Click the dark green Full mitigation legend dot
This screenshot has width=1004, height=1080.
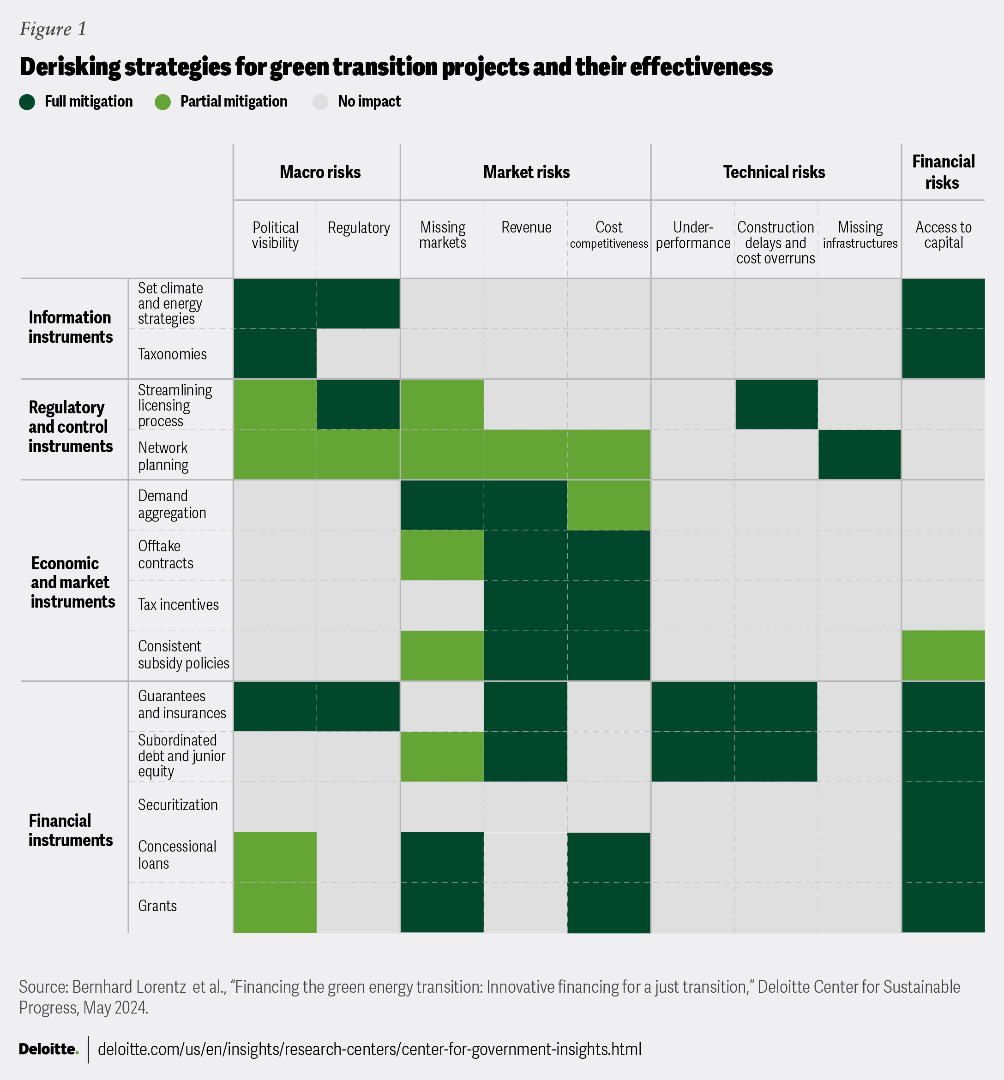click(x=27, y=102)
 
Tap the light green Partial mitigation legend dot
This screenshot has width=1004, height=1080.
click(x=163, y=102)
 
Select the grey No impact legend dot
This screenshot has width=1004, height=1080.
click(x=320, y=102)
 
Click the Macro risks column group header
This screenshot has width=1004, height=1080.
click(x=320, y=172)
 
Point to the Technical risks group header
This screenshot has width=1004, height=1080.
click(x=774, y=172)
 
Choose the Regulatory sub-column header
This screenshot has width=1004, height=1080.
click(x=359, y=227)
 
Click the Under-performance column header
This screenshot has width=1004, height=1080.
click(x=693, y=235)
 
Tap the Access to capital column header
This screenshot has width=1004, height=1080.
click(x=943, y=235)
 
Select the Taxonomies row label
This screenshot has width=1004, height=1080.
click(x=172, y=354)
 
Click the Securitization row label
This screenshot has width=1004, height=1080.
click(x=178, y=805)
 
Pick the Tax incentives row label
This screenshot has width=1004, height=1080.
click(x=178, y=604)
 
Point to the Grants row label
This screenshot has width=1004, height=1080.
click(x=157, y=906)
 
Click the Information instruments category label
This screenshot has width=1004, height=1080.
click(x=71, y=327)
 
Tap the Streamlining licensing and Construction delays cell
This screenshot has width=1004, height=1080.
click(x=776, y=405)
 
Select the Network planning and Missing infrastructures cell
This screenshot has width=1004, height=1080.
click(x=860, y=454)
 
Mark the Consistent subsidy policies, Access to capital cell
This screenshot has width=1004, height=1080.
click(x=943, y=656)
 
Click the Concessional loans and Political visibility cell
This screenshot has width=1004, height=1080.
click(x=275, y=857)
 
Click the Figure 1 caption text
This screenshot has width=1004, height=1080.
click(x=53, y=29)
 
